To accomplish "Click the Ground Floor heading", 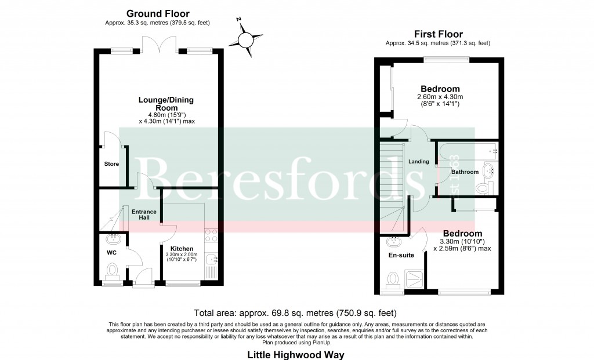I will click(158, 13).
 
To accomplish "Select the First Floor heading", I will click(438, 34).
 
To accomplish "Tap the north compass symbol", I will click(246, 39).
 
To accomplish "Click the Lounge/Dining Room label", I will click(166, 104).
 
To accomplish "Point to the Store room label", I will click(111, 164).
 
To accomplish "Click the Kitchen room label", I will click(182, 249).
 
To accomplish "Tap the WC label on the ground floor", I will click(111, 253).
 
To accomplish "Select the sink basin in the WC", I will click(113, 238).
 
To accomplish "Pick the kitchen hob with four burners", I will click(211, 235).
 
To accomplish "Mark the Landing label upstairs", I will click(418, 162).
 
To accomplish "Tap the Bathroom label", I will click(465, 172).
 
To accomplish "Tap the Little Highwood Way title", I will click(296, 354).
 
